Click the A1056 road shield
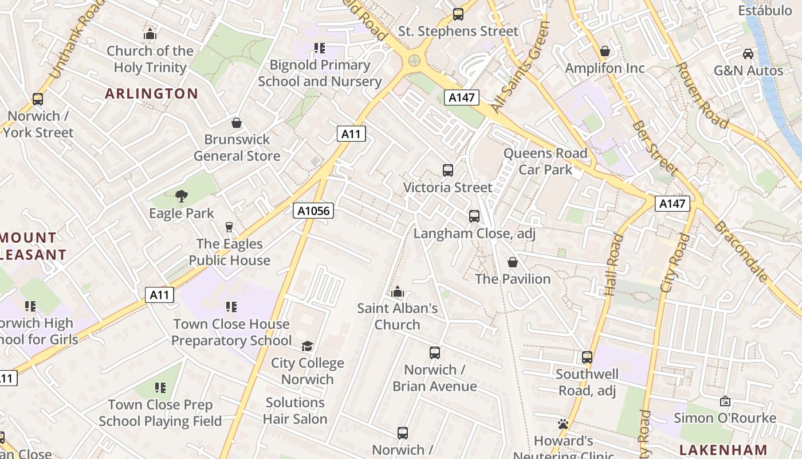pyautogui.click(x=313, y=211)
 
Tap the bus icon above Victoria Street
pyautogui.click(x=448, y=170)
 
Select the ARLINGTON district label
pyautogui.click(x=151, y=94)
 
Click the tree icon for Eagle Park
pyautogui.click(x=182, y=196)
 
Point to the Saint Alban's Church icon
pyautogui.click(x=397, y=292)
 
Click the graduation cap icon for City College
pyautogui.click(x=308, y=346)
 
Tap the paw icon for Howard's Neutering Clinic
pyautogui.click(x=563, y=425)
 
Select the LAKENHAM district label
pyautogui.click(x=723, y=449)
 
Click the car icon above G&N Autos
pyautogui.click(x=748, y=54)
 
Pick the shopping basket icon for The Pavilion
pyautogui.click(x=513, y=262)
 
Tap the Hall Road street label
pyautogui.click(x=612, y=264)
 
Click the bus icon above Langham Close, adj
pyautogui.click(x=474, y=216)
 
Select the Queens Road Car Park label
pyautogui.click(x=545, y=161)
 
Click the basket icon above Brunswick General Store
pyautogui.click(x=237, y=122)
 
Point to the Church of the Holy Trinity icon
pyautogui.click(x=150, y=34)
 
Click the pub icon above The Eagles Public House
pyautogui.click(x=229, y=227)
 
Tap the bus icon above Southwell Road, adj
pyautogui.click(x=587, y=357)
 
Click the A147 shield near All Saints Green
pyautogui.click(x=461, y=98)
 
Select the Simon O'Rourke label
pyautogui.click(x=725, y=418)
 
